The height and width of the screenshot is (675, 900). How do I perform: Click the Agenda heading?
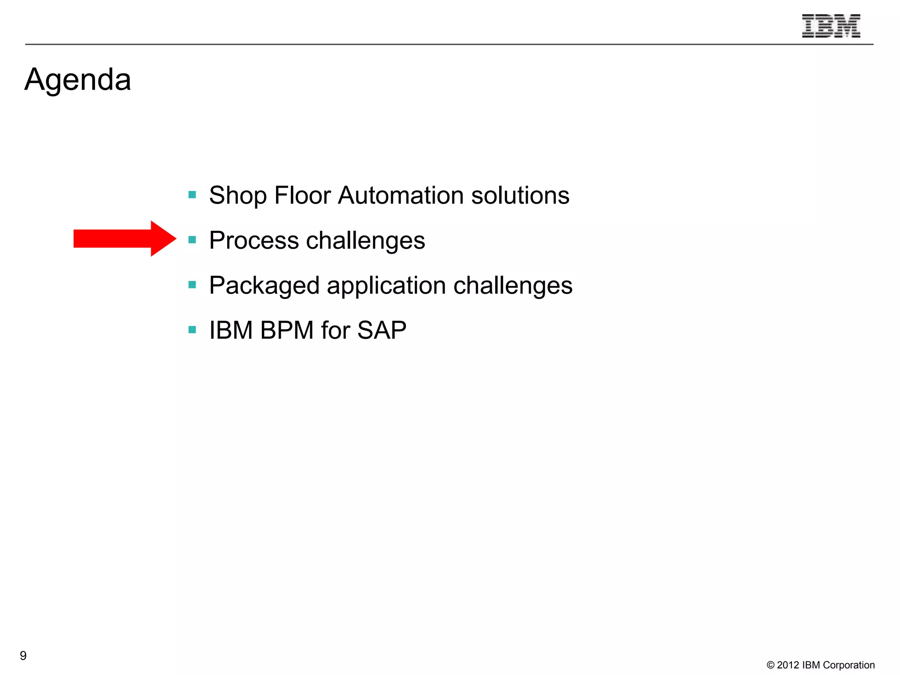click(78, 80)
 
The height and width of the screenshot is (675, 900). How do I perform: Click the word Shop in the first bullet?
click(238, 196)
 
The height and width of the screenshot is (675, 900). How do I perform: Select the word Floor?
click(302, 196)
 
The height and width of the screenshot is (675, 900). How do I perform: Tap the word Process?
click(254, 240)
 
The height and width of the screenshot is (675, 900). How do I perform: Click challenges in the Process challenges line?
click(365, 241)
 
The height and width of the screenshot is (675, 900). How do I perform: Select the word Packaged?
click(264, 286)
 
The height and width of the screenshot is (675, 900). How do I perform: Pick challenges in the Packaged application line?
click(513, 286)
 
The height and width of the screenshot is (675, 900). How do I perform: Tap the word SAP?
click(381, 330)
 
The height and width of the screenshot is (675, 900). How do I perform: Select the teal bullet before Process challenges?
click(192, 240)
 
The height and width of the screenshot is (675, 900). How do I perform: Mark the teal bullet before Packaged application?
click(192, 285)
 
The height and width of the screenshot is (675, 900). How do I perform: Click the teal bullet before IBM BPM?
click(192, 330)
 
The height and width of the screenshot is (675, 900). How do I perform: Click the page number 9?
click(23, 656)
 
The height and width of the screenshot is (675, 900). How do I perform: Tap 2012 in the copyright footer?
click(788, 665)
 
